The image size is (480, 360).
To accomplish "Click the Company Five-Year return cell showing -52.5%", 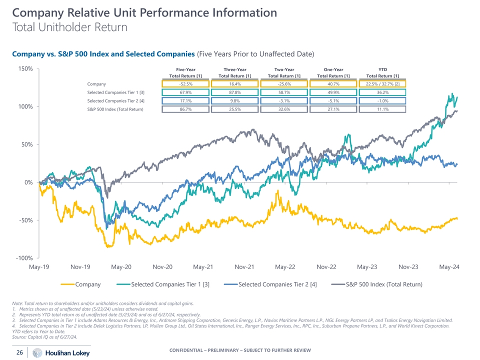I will [185, 84].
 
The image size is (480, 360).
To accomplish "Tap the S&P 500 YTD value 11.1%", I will [382, 109].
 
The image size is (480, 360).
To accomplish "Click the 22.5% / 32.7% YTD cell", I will [382, 84].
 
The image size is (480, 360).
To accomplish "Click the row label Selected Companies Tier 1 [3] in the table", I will [115, 92].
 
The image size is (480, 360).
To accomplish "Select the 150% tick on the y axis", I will [24, 69].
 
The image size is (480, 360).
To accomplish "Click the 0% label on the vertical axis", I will [28, 182].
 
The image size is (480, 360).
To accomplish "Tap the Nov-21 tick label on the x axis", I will [244, 267].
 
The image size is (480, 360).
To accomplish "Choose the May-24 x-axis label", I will [449, 267].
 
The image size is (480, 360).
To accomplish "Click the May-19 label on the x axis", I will [39, 267].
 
